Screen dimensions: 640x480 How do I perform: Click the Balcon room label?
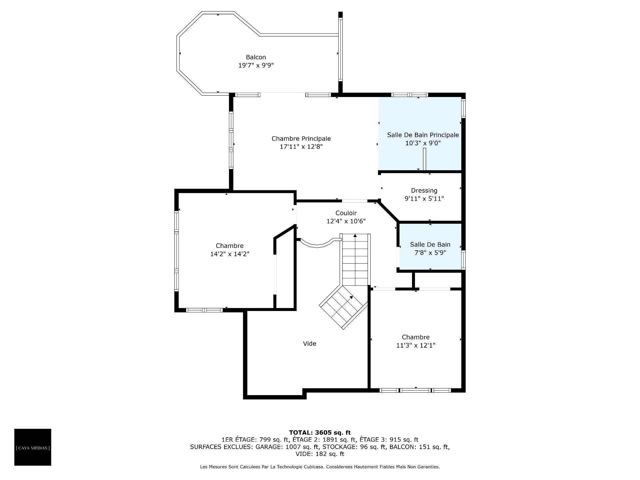(256, 57)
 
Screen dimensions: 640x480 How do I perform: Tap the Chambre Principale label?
(301, 139)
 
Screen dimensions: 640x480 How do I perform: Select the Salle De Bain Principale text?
(423, 135)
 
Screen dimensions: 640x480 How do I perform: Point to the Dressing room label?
(424, 191)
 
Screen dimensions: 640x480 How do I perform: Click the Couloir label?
(346, 213)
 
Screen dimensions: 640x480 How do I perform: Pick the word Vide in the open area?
(309, 344)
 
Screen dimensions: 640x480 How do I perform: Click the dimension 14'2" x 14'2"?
(230, 254)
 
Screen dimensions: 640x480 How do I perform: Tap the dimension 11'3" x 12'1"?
(416, 345)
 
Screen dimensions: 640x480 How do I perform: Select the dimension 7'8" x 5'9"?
(430, 253)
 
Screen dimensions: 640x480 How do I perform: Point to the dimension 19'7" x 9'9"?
(256, 65)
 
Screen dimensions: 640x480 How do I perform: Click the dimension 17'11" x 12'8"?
(301, 147)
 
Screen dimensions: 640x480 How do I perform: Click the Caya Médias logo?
(33, 447)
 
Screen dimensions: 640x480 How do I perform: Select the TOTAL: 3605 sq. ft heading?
(320, 433)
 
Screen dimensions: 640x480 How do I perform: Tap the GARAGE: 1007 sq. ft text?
(286, 447)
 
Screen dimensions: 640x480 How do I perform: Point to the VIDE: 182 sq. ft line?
(320, 454)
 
